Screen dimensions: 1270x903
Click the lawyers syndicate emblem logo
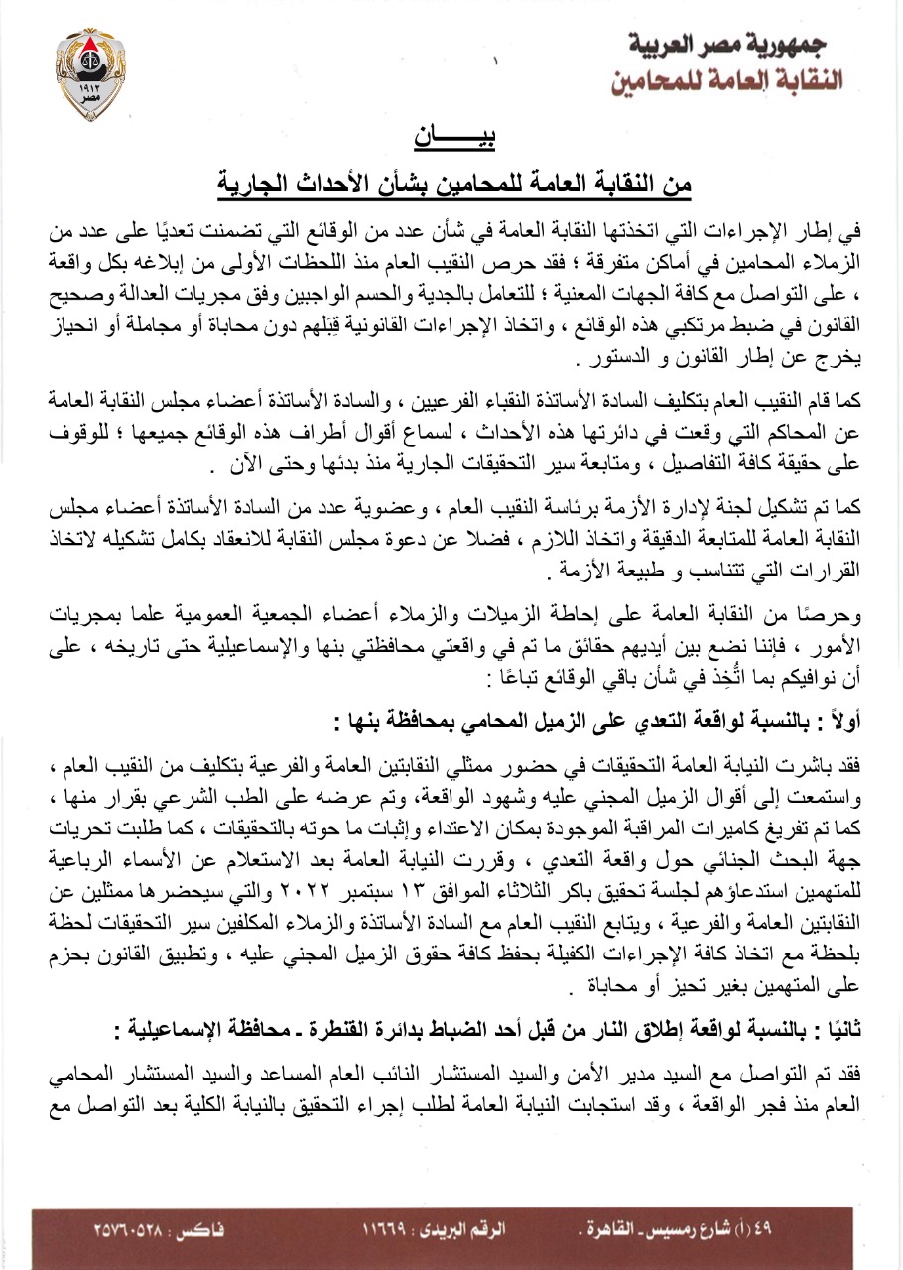click(x=91, y=73)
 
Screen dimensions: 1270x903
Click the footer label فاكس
click(x=205, y=1228)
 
